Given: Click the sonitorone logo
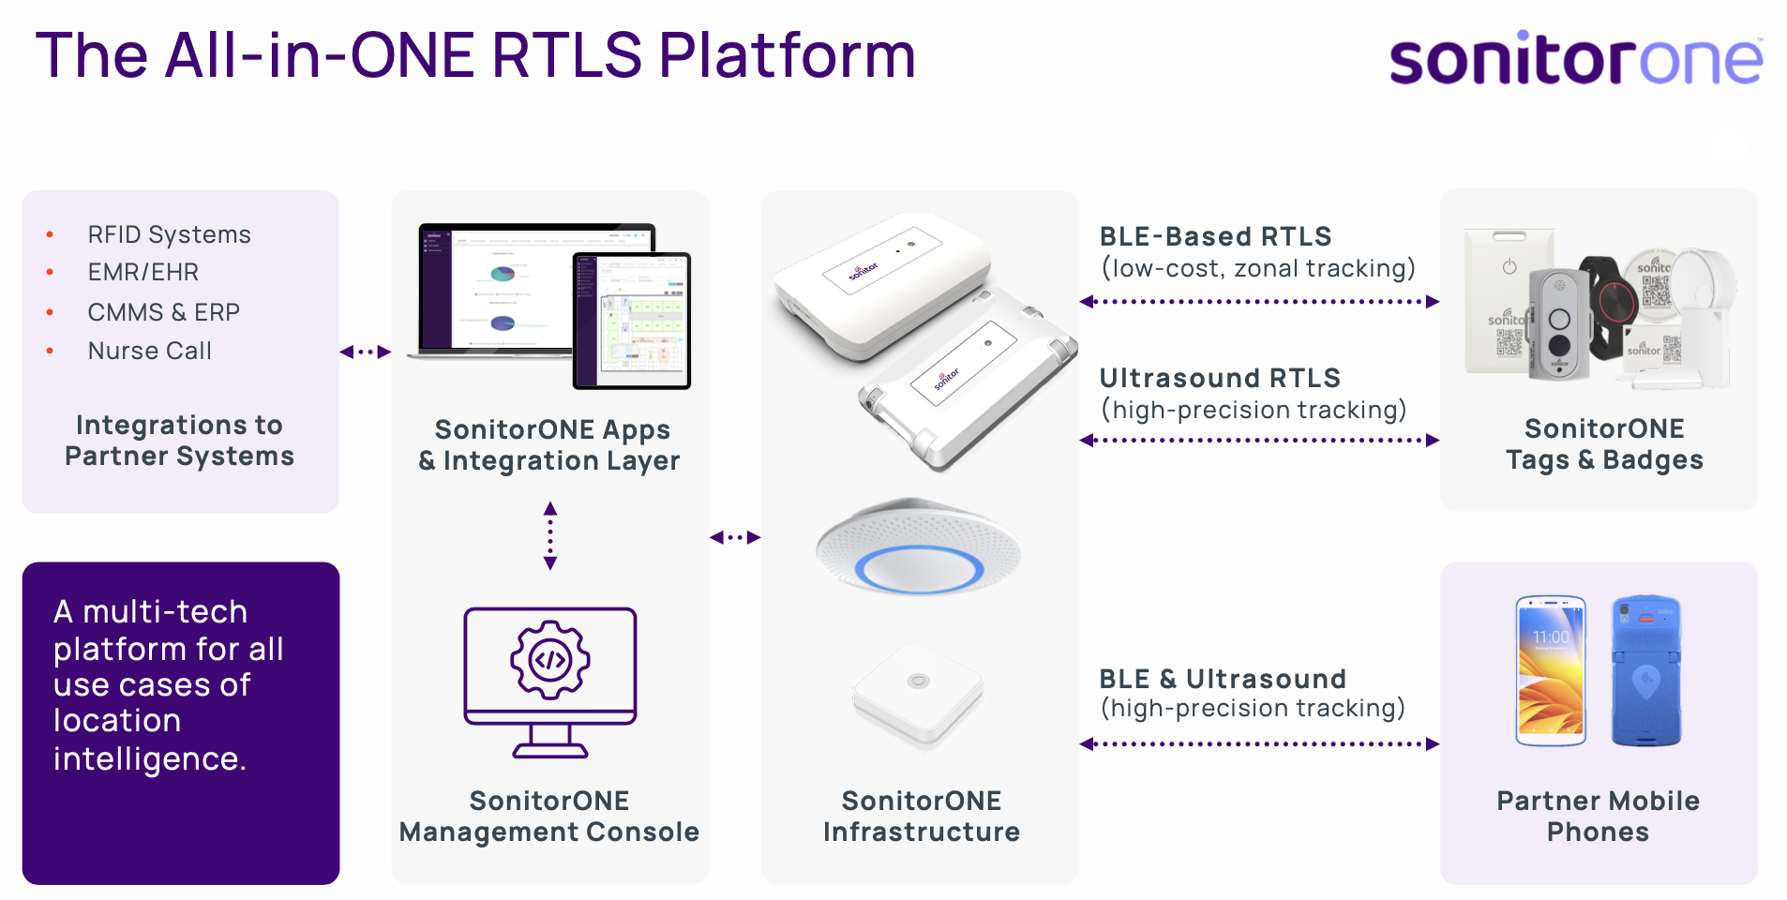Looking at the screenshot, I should coord(1575,58).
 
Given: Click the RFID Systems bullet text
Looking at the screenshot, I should coord(169,234).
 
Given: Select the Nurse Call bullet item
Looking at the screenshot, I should coord(149,351).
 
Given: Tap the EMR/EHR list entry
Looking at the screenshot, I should coord(143,272).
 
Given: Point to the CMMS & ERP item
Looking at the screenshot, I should coord(163,312).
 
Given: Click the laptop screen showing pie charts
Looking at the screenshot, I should coord(497,287).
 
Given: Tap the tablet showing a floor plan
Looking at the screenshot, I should coord(632,321).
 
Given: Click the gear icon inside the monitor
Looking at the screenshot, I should coord(550,660).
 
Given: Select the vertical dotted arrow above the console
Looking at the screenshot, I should coord(550,536).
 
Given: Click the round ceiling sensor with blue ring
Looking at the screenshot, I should coord(919,548).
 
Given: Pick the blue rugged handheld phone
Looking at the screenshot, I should coord(1646,671).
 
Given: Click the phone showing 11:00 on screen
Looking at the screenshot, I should coord(1551,671).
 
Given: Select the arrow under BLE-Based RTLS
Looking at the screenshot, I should coord(1259,302).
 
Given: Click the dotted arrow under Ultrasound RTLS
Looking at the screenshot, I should coord(1259,440).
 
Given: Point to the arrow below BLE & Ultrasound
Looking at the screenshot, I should coord(1259,744).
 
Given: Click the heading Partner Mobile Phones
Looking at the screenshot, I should coord(1598,816).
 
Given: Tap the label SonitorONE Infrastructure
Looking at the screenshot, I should coord(921,816).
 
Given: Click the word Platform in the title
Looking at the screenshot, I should coord(787,55).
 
